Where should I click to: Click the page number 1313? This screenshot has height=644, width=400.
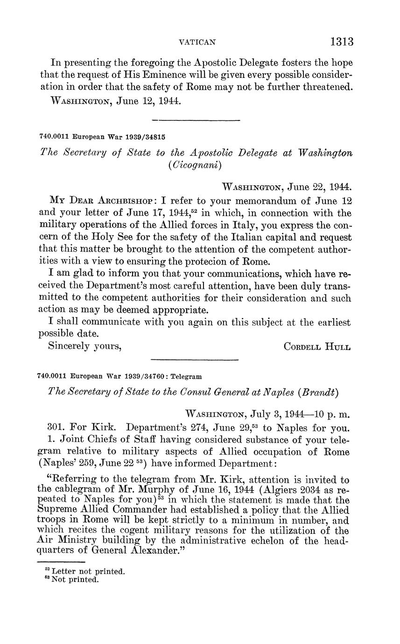pos(342,42)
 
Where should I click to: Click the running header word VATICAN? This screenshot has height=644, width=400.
pos(197,42)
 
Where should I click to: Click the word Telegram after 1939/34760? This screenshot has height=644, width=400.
pos(186,376)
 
